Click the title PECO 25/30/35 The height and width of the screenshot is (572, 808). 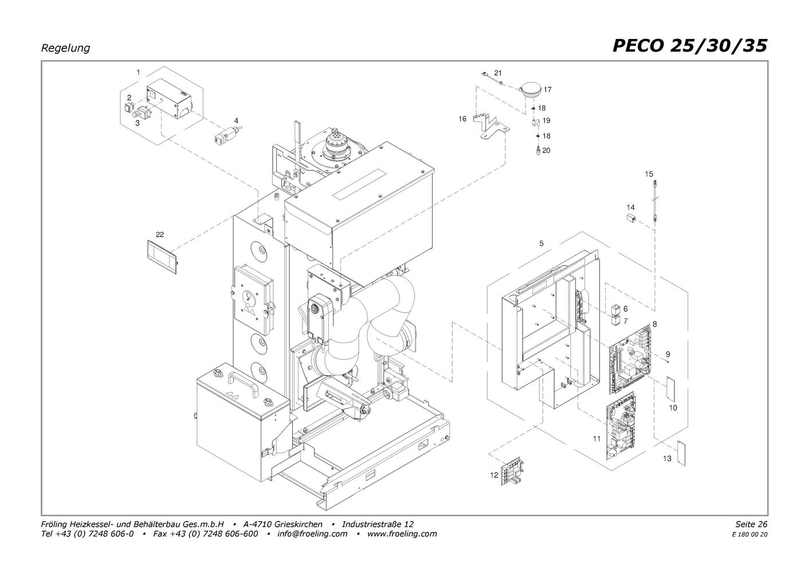(690, 46)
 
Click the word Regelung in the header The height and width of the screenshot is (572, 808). (65, 48)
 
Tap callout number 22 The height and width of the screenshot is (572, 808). (160, 235)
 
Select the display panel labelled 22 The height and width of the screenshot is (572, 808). (162, 256)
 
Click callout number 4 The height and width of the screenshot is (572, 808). (236, 120)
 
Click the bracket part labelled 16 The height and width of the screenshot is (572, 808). (491, 126)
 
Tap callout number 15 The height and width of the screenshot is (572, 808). (649, 174)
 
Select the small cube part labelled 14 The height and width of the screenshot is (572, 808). (631, 218)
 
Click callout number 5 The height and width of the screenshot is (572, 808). (542, 244)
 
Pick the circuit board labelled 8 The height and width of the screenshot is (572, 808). (630, 359)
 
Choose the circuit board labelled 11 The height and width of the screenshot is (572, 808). (621, 427)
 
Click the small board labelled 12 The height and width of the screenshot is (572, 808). (512, 471)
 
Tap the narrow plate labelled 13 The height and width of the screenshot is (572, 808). (681, 454)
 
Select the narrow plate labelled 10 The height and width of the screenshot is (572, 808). (670, 388)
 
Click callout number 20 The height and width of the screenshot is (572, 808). (546, 150)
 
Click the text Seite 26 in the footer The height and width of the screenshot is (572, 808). (751, 524)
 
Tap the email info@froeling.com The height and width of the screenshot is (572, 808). (312, 534)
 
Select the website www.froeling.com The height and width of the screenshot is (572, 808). (402, 534)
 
